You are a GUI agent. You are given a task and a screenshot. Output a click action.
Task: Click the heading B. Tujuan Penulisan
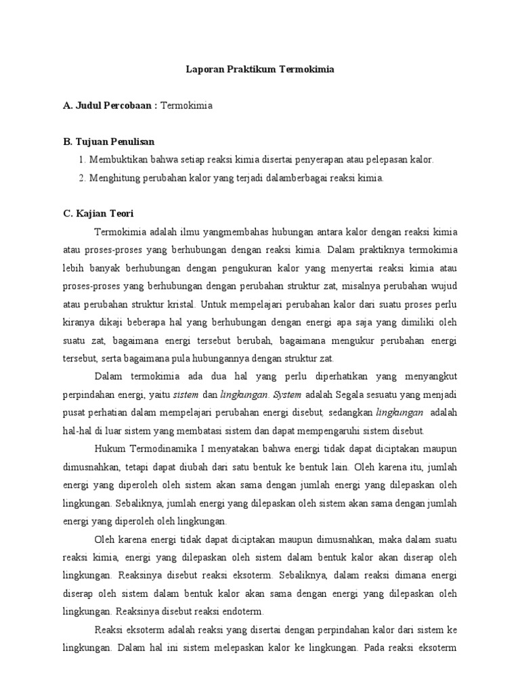tap(108, 141)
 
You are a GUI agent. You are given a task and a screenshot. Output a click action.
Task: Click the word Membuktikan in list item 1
tap(118, 160)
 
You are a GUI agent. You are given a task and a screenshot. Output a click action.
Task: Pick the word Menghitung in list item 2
tap(116, 178)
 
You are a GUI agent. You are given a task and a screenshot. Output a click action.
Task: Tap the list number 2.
tap(81, 178)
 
